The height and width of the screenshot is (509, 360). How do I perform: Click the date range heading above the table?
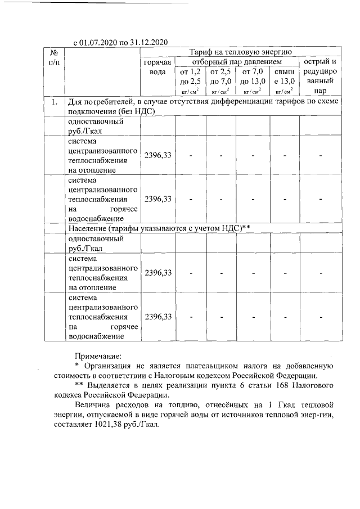tap(121, 42)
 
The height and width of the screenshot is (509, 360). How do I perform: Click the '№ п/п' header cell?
tap(55, 56)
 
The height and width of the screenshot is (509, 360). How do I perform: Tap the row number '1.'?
tap(55, 102)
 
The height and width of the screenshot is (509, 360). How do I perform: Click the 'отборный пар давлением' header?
tap(236, 61)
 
